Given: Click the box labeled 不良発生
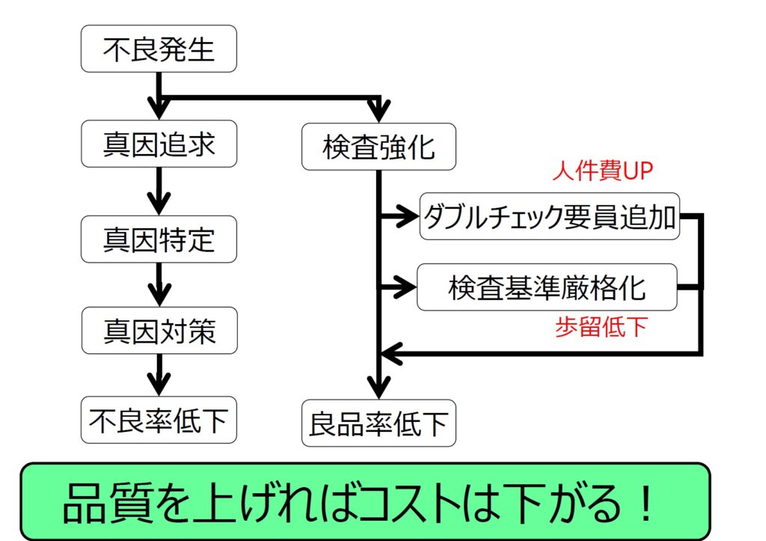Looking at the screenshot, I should pyautogui.click(x=159, y=49).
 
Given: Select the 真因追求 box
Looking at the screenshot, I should pyautogui.click(x=159, y=144).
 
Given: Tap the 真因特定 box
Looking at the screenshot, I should pyautogui.click(x=159, y=239).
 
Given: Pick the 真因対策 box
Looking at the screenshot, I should pyautogui.click(x=159, y=330).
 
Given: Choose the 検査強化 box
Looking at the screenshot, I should pyautogui.click(x=379, y=147).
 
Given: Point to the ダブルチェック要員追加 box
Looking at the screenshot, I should pyautogui.click(x=550, y=216).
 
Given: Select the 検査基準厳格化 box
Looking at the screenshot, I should pyautogui.click(x=547, y=287).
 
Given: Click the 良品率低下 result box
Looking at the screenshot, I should pyautogui.click(x=379, y=424).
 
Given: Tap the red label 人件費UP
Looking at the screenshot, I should pyautogui.click(x=603, y=171).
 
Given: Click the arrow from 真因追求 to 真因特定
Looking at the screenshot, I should pyautogui.click(x=159, y=191).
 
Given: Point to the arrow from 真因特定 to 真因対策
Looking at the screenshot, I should pyautogui.click(x=159, y=284).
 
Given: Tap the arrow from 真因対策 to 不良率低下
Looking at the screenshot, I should pyautogui.click(x=159, y=375).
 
